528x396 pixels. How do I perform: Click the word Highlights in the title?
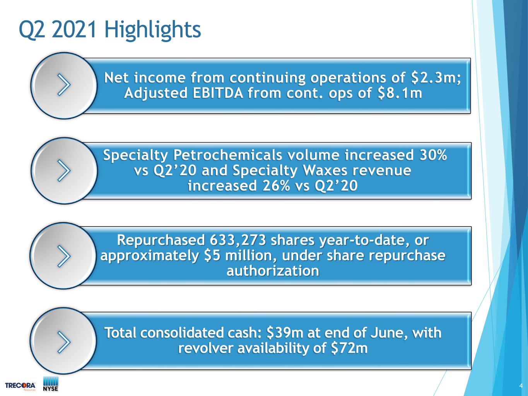152,30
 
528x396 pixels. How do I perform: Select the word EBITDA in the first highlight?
218,93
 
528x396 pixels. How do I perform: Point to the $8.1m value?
400,94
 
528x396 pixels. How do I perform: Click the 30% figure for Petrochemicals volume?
433,155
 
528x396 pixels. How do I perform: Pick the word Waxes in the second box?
325,171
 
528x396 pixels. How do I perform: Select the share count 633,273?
238,241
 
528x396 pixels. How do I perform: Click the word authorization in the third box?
273,271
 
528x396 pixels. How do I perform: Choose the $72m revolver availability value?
349,348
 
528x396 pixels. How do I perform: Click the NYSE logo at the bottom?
51,384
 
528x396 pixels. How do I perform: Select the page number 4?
521,386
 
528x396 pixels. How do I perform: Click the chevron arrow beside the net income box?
64,85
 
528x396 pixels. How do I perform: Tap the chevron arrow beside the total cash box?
64,342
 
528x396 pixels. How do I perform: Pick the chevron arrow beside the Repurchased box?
64,256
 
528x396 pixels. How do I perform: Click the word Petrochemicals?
227,155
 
